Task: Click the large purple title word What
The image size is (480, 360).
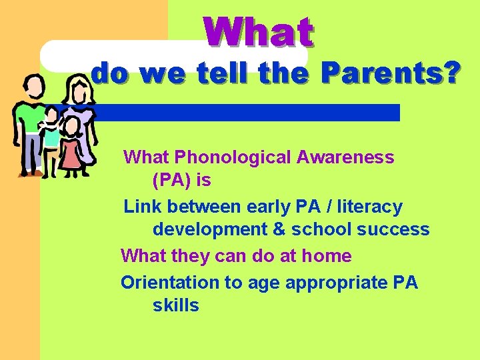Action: [259, 33]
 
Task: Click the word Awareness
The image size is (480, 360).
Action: [345, 157]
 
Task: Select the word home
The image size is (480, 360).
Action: [327, 256]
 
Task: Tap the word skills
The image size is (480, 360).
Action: [175, 305]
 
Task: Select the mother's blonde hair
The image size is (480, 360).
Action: [78, 90]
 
